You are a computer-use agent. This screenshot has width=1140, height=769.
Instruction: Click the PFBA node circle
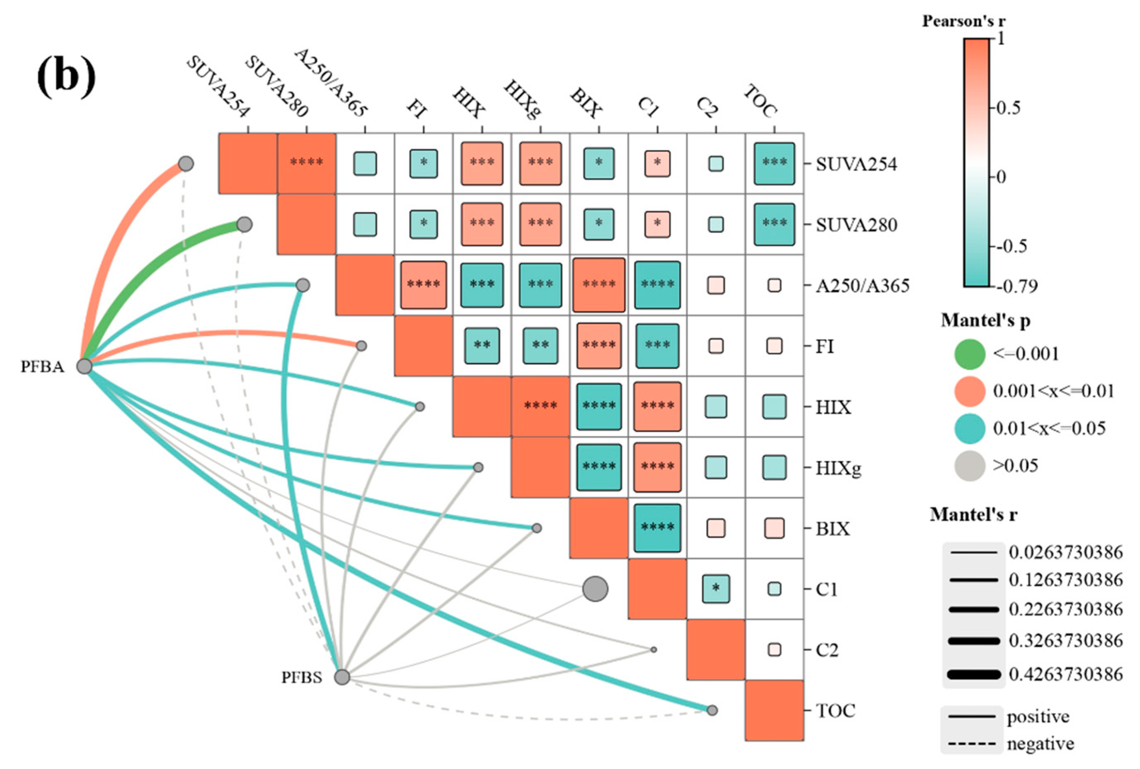(x=84, y=366)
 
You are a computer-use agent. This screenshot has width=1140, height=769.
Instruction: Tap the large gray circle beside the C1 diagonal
(x=595, y=589)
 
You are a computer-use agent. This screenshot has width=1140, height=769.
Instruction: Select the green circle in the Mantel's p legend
(x=969, y=354)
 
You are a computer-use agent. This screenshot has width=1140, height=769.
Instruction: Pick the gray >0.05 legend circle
(x=969, y=466)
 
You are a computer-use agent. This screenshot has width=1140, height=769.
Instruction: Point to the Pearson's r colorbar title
(x=963, y=21)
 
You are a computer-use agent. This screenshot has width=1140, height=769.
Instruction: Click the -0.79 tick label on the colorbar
(x=1018, y=286)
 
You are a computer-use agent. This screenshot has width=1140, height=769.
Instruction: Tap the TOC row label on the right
(x=835, y=710)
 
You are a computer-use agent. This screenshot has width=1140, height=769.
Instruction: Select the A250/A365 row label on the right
(x=862, y=286)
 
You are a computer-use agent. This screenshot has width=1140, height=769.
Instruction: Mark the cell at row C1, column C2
(x=716, y=589)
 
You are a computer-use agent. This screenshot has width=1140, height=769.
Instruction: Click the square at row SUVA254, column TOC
(x=774, y=163)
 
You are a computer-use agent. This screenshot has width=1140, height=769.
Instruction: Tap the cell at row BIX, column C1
(x=657, y=528)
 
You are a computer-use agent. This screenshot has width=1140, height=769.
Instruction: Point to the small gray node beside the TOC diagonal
(x=712, y=710)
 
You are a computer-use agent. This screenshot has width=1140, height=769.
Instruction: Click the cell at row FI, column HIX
(x=482, y=346)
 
